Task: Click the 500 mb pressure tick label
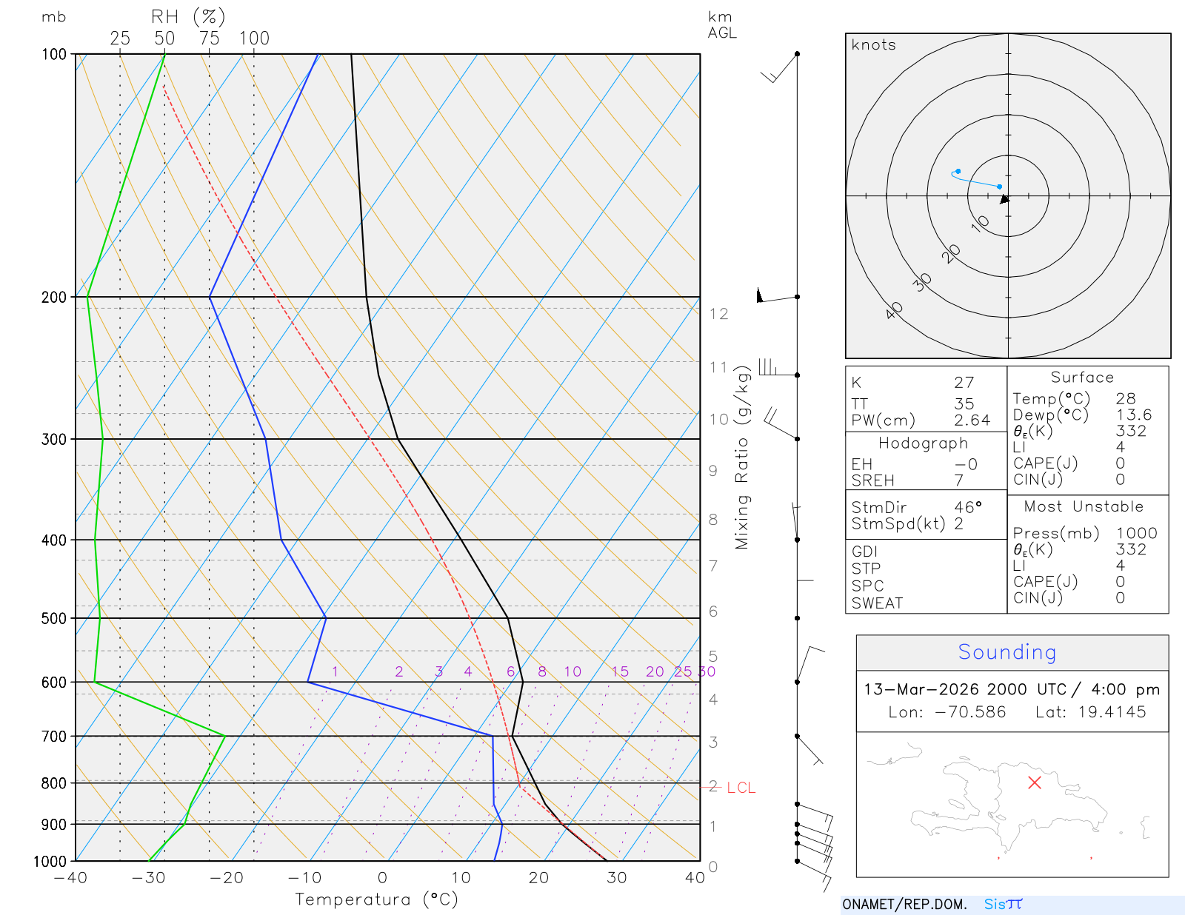[x=53, y=618]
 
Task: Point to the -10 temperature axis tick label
[x=304, y=878]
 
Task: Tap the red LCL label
[x=741, y=788]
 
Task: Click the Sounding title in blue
[x=1007, y=652]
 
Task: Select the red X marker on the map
[x=1035, y=782]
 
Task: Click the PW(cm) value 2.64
[x=972, y=420]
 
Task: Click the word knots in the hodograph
[x=873, y=45]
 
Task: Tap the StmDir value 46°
[x=967, y=508]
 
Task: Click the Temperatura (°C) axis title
[x=376, y=899]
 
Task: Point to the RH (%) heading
[x=188, y=16]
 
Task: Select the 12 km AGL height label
[x=718, y=314]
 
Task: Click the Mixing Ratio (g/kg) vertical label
[x=742, y=457]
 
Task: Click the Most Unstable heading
[x=1084, y=507]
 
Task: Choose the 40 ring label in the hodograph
[x=895, y=309]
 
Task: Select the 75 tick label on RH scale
[x=210, y=38]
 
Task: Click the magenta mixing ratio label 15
[x=620, y=671]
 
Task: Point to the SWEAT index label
[x=877, y=603]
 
